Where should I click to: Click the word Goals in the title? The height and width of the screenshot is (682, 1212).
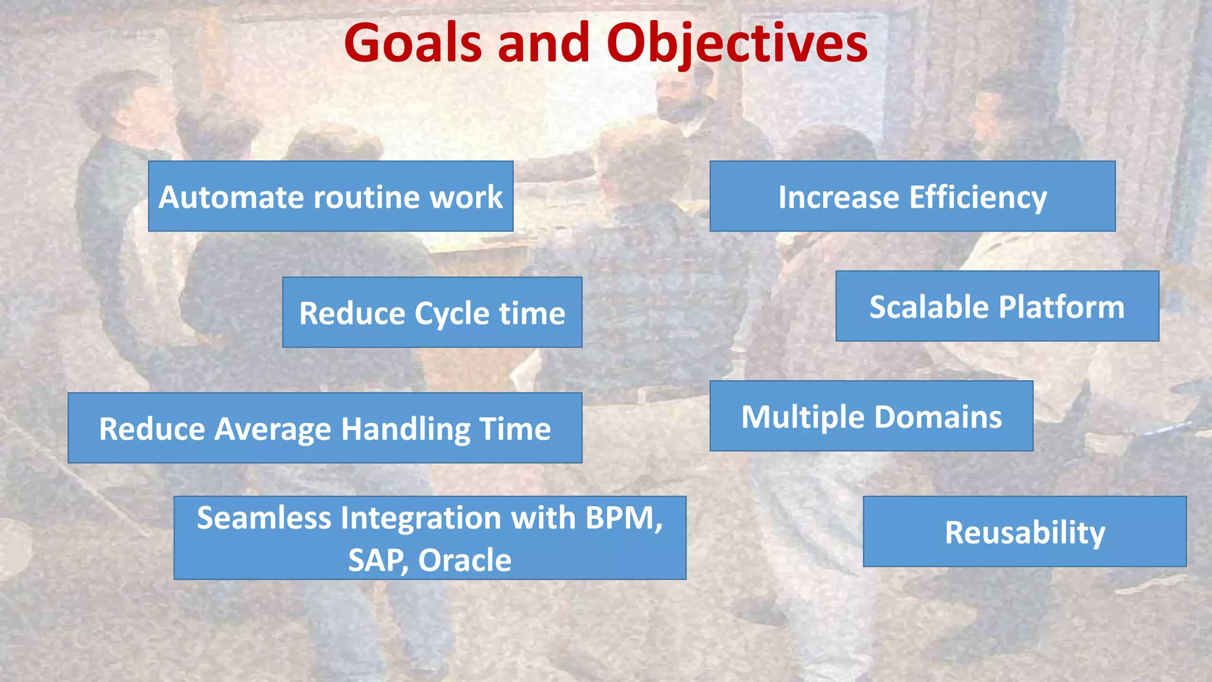tap(412, 43)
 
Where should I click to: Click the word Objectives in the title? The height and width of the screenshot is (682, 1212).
tap(737, 43)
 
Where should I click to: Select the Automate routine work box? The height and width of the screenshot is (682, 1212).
tap(330, 197)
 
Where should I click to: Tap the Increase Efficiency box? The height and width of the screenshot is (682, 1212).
tap(912, 197)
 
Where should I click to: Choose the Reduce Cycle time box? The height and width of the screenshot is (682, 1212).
tap(432, 313)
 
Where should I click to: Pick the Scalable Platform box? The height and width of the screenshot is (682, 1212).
tap(997, 307)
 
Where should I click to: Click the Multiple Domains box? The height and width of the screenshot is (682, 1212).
tap(871, 416)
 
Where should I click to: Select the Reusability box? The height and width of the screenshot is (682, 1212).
tap(1024, 532)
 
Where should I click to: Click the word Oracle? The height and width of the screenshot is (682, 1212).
tap(465, 560)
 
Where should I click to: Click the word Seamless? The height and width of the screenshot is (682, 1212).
tap(264, 518)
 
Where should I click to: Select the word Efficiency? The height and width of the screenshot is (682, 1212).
tap(978, 197)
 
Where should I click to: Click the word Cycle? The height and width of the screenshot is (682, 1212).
tap(452, 314)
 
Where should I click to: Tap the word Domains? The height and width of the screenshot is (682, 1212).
tap(937, 416)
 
